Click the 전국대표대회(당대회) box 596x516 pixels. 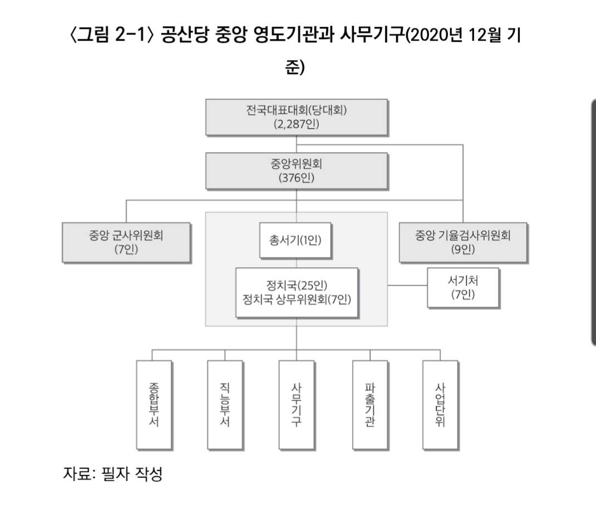[x=296, y=116]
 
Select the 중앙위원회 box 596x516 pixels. [x=296, y=171]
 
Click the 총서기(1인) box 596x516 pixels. [x=296, y=240]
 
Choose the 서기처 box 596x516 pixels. [x=463, y=288]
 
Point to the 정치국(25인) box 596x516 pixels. [x=296, y=286]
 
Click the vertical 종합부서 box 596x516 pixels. [x=154, y=405]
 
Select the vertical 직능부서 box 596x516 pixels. [x=225, y=405]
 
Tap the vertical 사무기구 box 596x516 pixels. [x=296, y=405]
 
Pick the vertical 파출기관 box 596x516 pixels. [x=370, y=405]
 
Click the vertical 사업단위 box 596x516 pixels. [x=440, y=405]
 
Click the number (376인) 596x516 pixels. [x=296, y=178]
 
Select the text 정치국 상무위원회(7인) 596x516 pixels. [x=296, y=300]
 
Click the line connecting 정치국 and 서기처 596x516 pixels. [x=407, y=286]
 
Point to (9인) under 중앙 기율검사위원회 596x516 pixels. [x=463, y=250]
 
